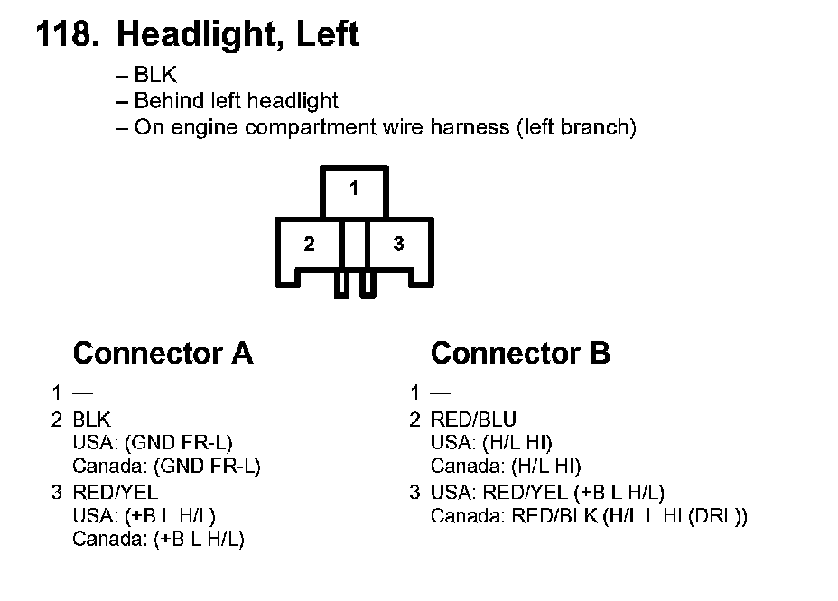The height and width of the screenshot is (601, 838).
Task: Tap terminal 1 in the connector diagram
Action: pyautogui.click(x=354, y=189)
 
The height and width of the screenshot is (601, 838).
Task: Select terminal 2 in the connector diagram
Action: pyautogui.click(x=309, y=245)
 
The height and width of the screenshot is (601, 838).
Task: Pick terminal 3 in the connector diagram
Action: pyautogui.click(x=398, y=245)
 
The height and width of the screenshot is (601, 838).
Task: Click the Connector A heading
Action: pyautogui.click(x=163, y=353)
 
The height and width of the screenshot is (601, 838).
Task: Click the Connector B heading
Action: pyautogui.click(x=520, y=353)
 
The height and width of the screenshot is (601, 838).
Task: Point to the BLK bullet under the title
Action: pyautogui.click(x=155, y=76)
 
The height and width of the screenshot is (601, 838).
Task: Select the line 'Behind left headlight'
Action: pyautogui.click(x=236, y=101)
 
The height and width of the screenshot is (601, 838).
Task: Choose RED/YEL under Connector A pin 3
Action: pyautogui.click(x=115, y=492)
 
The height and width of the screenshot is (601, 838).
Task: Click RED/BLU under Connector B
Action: pyautogui.click(x=473, y=419)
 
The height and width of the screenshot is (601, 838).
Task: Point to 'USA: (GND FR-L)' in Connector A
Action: pyautogui.click(x=152, y=443)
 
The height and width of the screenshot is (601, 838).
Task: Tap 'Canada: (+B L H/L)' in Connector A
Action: pyautogui.click(x=158, y=540)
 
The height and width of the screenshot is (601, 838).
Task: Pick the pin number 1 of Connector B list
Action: pyautogui.click(x=414, y=393)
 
